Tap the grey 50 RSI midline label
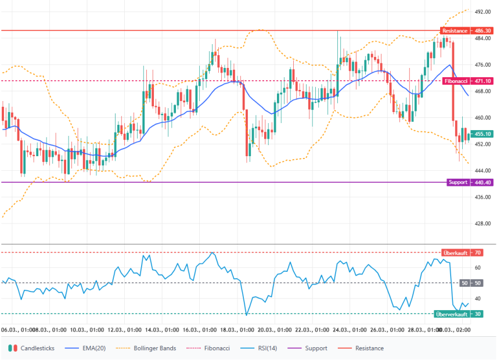pos(470,283)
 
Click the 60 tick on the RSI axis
pos(477,268)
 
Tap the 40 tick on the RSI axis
pos(477,299)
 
